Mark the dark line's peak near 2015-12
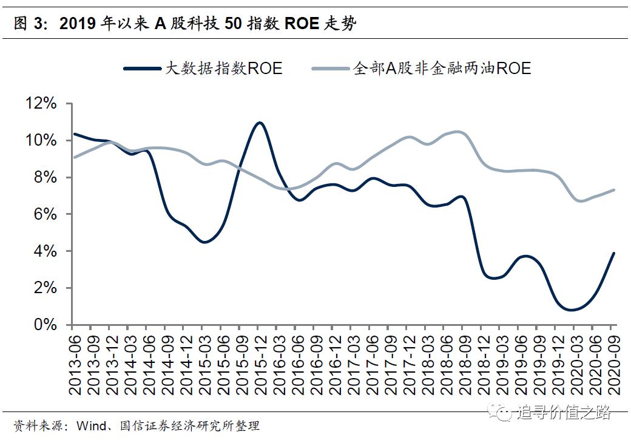(x=259, y=123)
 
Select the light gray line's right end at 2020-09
(x=615, y=189)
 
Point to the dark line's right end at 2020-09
(x=615, y=253)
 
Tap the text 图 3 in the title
(x=28, y=24)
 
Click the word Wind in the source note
(x=90, y=426)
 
